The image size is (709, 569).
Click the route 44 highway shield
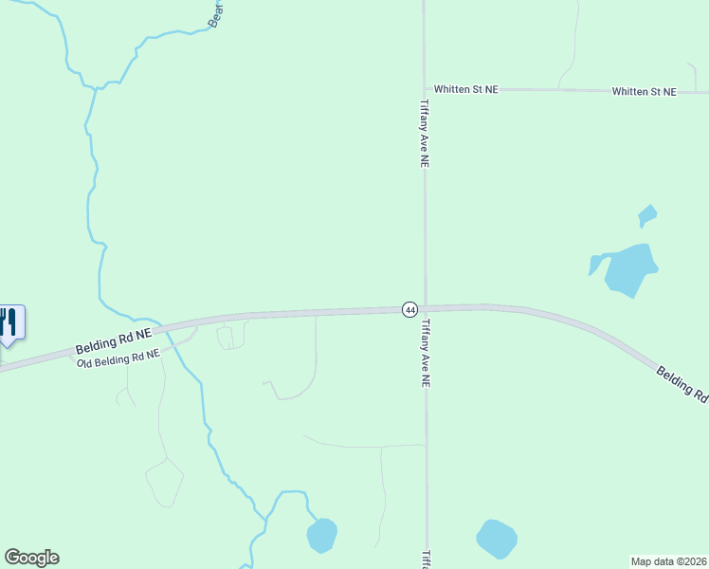[x=409, y=309]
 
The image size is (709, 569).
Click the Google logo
[x=31, y=558]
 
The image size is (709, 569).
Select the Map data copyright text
[x=669, y=560]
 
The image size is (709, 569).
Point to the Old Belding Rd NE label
[x=117, y=357]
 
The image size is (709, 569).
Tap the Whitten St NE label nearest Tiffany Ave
[x=467, y=89]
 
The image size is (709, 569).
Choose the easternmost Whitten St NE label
[x=645, y=91]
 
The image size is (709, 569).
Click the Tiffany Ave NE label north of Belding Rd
[x=426, y=133]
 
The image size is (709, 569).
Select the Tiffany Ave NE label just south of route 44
[x=426, y=353]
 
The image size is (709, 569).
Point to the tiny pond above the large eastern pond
[x=647, y=215]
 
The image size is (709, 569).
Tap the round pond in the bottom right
[x=497, y=539]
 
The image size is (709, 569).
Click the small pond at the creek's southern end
[x=321, y=536]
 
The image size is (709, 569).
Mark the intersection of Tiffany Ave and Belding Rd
[x=425, y=308]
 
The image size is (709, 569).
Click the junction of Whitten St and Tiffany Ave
[x=425, y=89]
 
